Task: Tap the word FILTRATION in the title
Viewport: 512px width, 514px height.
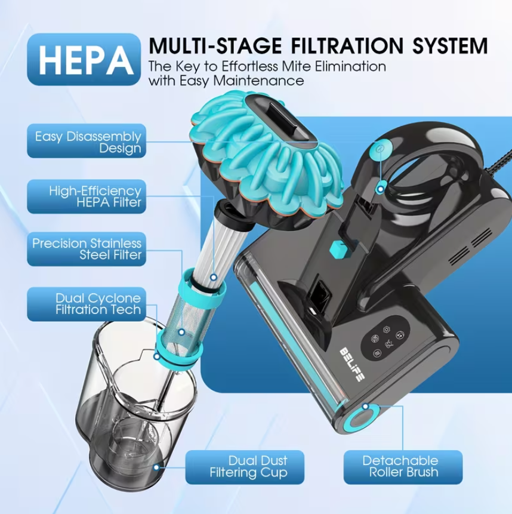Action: tap(337, 45)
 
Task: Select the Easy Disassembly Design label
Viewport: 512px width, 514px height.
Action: tap(87, 141)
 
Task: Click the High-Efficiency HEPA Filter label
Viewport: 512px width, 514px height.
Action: tap(87, 196)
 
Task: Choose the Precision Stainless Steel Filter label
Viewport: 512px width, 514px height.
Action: tap(87, 249)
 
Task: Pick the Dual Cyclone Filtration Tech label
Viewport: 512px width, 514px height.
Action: tap(87, 303)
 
